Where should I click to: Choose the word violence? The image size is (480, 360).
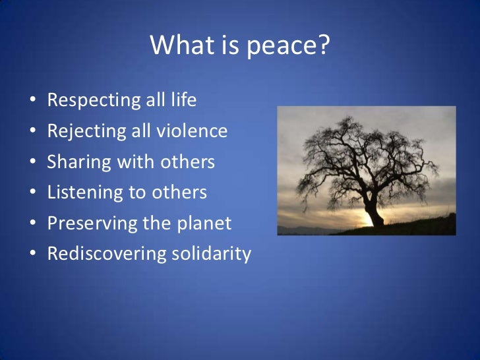(x=196, y=132)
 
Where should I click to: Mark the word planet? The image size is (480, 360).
(x=205, y=224)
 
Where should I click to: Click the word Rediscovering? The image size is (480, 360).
(x=104, y=254)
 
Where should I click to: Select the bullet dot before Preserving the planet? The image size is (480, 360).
(x=32, y=224)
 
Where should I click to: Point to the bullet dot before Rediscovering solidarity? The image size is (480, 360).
(x=32, y=255)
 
